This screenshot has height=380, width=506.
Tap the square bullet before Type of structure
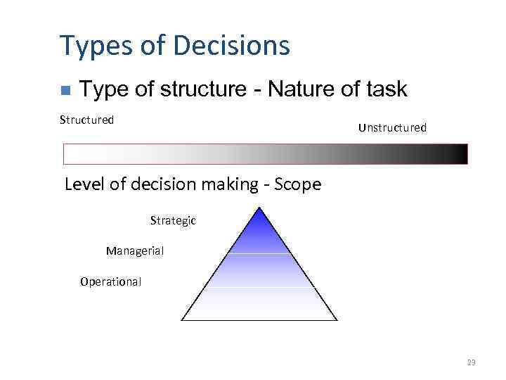tap(65, 90)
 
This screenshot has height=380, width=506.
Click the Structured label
tap(86, 120)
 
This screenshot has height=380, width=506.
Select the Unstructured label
tap(392, 127)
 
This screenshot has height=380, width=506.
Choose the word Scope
tap(298, 184)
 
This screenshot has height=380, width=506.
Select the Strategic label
tap(173, 221)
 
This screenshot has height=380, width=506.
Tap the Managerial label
tap(135, 251)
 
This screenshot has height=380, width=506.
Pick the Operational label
tap(110, 281)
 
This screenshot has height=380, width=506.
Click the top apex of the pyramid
tap(260, 208)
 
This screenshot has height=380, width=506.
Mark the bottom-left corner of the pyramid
tap(183, 319)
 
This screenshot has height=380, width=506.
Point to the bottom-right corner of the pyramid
tap(337, 319)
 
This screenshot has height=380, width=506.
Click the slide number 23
tap(471, 362)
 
